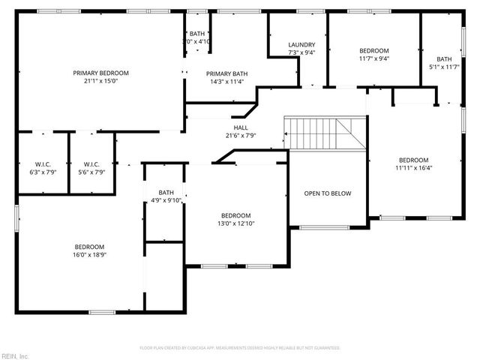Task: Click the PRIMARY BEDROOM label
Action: tap(100, 73)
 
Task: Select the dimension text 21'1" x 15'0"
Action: tap(100, 81)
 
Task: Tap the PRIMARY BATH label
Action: tap(227, 73)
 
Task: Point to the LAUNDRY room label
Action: tap(301, 44)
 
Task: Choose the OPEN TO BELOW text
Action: tap(327, 193)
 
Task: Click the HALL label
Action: tap(241, 127)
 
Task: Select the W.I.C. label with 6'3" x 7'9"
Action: tap(42, 164)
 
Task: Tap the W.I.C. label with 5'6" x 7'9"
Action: tap(91, 164)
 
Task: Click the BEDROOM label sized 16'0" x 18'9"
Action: tap(88, 247)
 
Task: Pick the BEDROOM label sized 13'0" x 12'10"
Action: tap(235, 215)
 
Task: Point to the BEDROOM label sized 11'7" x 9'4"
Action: tap(373, 50)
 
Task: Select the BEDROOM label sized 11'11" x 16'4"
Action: tap(413, 160)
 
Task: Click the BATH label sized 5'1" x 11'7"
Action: tap(445, 59)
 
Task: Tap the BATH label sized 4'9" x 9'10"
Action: tap(166, 192)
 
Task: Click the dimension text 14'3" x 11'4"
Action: tap(227, 82)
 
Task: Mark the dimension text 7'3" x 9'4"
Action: tap(301, 52)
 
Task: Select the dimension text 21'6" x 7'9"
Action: tap(241, 136)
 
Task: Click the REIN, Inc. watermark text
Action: tap(14, 355)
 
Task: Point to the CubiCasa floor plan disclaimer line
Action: tap(240, 348)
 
